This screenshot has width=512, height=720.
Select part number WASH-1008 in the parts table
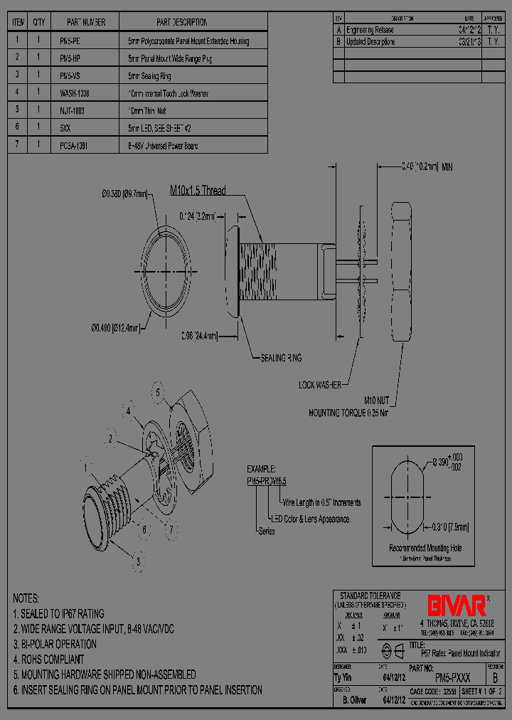pyautogui.click(x=75, y=92)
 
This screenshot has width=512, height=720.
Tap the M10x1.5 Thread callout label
pyautogui.click(x=198, y=190)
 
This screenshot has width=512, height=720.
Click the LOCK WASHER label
pyautogui.click(x=319, y=385)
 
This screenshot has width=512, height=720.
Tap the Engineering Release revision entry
pyautogui.click(x=369, y=30)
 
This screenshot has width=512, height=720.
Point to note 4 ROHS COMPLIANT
pyautogui.click(x=48, y=660)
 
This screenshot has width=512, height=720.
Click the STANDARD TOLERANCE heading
pyautogui.click(x=370, y=595)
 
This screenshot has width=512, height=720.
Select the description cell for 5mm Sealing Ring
pyautogui.click(x=149, y=75)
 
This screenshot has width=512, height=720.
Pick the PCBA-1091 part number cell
pyautogui.click(x=75, y=145)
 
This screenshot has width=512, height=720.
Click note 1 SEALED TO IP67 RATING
pyautogui.click(x=58, y=613)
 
